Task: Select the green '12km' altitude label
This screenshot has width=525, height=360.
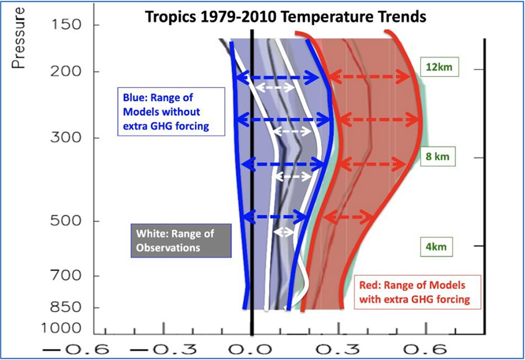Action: click(x=439, y=67)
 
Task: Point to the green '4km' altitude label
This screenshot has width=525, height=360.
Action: click(x=436, y=247)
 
